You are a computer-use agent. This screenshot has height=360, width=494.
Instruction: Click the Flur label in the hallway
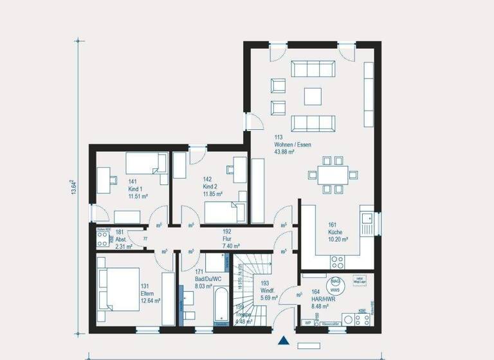tap(226, 239)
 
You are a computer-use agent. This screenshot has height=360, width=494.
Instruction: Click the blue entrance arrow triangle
tap(282, 341)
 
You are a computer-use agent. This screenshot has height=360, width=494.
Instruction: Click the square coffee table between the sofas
tap(313, 95)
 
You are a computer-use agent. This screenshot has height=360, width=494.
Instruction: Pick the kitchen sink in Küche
tap(368, 222)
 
